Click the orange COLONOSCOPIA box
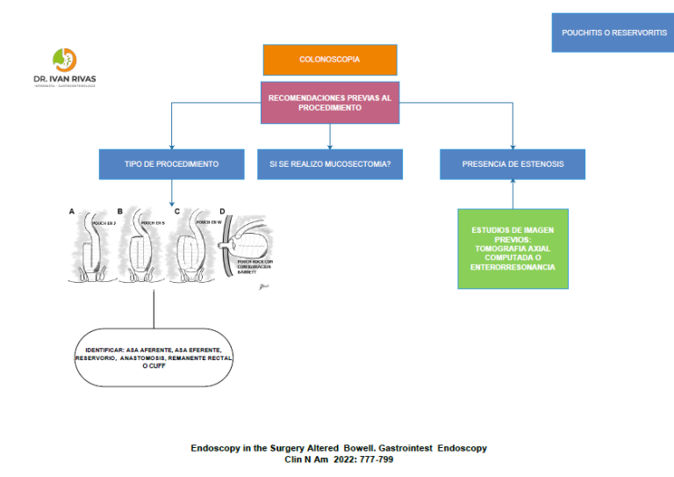coord(330,59)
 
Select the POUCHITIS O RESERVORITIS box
coord(613,33)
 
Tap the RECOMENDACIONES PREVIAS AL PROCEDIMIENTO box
coord(330,103)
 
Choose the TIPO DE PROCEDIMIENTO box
coord(171,163)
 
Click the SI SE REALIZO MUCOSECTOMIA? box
coord(330,163)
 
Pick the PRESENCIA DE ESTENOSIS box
coord(513,163)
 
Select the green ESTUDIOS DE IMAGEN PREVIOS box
coord(513,248)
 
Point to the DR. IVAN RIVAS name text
coord(64,78)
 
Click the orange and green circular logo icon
coord(64,60)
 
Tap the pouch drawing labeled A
coord(91,247)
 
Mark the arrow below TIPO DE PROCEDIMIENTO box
coord(171,192)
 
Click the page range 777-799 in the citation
coord(372,459)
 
